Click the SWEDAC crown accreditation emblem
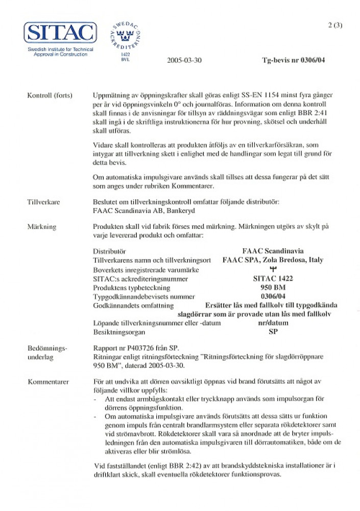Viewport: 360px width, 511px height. pos(125,38)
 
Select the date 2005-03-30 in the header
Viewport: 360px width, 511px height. pos(184,60)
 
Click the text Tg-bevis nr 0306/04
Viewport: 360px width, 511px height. pos(293,60)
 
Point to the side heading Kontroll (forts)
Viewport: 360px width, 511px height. pos(50,95)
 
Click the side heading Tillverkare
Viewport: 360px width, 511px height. pos(44,202)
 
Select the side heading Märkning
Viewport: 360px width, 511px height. pos(42,226)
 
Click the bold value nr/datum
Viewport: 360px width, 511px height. pos(273,323)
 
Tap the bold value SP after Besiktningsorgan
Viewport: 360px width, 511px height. pos(273,332)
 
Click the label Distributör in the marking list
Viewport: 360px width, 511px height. pos(109,251)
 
